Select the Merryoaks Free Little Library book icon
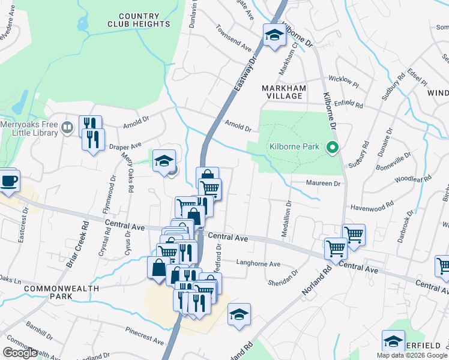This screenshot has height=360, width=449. (x=67, y=127)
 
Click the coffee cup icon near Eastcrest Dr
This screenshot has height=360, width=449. (x=8, y=181)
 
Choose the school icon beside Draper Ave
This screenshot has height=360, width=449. (x=164, y=160)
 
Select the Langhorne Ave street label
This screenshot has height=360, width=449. (x=259, y=263)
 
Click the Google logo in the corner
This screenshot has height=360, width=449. (x=20, y=353)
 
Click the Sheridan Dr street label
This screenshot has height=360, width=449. (x=283, y=277)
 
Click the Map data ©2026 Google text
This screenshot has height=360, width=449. (x=411, y=355)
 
